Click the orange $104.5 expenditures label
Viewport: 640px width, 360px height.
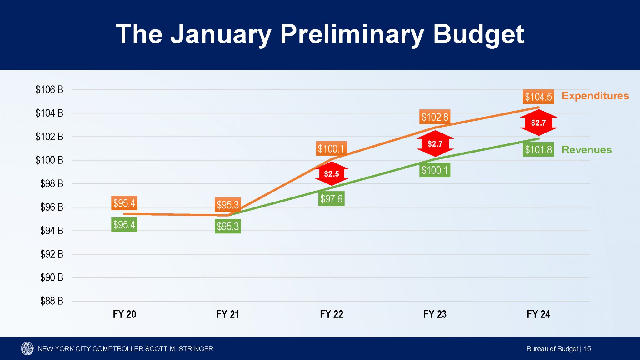538,97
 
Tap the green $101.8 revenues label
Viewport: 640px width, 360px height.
538,150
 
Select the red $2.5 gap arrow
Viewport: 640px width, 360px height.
332,174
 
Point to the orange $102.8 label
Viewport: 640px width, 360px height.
435,117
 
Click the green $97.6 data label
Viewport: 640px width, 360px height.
331,199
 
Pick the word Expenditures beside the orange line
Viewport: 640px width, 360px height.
595,96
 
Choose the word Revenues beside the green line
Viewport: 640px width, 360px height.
587,150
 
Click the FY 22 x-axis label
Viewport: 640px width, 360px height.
331,314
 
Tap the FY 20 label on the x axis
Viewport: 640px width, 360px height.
124,314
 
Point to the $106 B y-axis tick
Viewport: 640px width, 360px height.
49,90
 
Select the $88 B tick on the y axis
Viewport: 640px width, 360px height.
52,301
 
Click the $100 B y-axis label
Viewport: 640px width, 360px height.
49,160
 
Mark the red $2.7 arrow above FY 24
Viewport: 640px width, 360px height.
538,122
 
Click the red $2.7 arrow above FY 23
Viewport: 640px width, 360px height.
435,144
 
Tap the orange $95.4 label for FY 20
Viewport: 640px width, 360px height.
124,203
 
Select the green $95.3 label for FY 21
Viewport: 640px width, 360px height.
228,226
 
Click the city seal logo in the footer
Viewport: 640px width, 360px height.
27,348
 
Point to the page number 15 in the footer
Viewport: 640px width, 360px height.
587,349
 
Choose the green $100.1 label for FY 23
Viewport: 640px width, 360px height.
435,170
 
